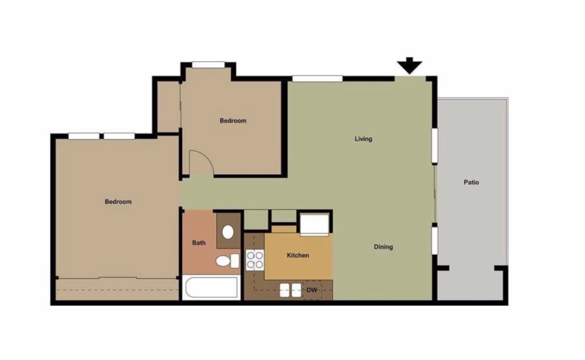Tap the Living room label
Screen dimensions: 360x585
click(363, 139)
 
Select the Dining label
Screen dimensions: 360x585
click(383, 247)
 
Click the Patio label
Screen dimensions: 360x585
click(471, 182)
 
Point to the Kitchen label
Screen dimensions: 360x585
click(298, 255)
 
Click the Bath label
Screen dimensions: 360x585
click(199, 243)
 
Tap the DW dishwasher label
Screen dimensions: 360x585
click(312, 290)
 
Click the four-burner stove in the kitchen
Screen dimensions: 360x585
click(255, 259)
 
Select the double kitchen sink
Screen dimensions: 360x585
click(290, 290)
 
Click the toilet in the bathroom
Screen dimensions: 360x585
click(227, 261)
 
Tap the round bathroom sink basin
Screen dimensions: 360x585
click(228, 232)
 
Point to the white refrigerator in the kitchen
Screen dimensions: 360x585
click(315, 224)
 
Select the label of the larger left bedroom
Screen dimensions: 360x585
click(118, 202)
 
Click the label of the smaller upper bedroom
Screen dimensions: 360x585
click(233, 121)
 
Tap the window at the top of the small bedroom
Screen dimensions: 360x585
click(208, 64)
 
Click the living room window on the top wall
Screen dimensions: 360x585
click(317, 78)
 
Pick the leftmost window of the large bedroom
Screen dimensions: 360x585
click(84, 136)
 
